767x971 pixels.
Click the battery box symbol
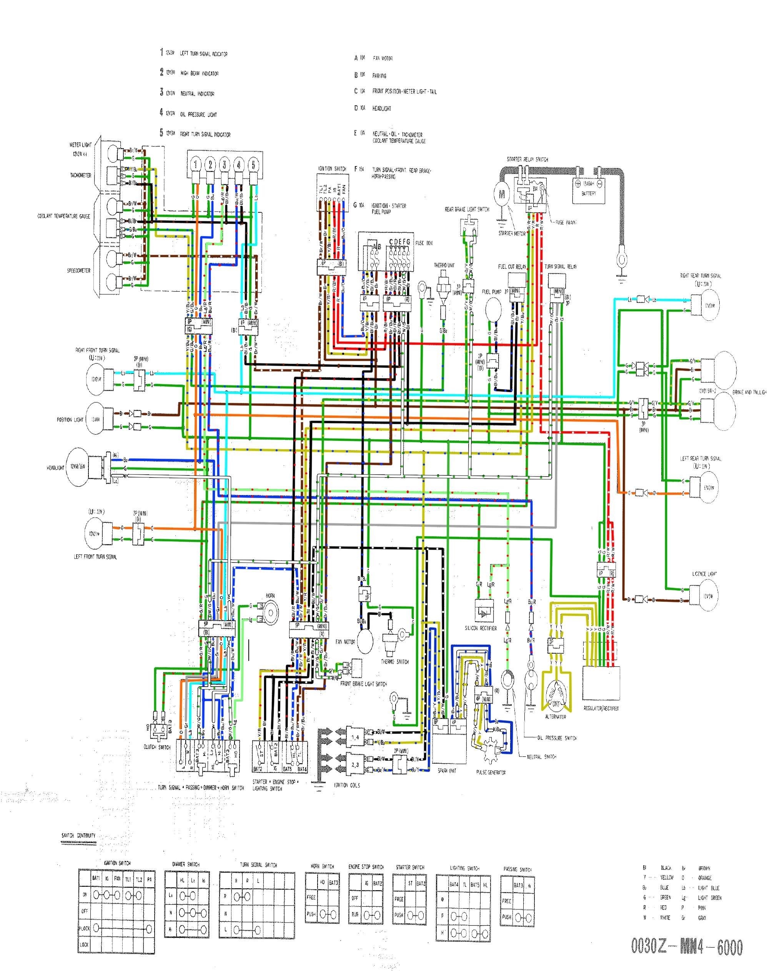pyautogui.click(x=588, y=190)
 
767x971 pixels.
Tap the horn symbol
pyautogui.click(x=270, y=612)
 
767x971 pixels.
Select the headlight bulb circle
pyautogui.click(x=77, y=467)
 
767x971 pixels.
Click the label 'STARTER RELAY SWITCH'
pyautogui.click(x=527, y=160)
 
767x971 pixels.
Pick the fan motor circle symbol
pyautogui.click(x=364, y=641)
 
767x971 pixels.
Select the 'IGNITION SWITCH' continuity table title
pyautogui.click(x=117, y=863)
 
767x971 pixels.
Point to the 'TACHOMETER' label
pyautogui.click(x=80, y=176)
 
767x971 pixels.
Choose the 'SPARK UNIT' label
pyautogui.click(x=446, y=771)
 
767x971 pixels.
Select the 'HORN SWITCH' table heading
pyautogui.click(x=322, y=866)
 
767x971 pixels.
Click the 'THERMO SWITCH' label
pyautogui.click(x=395, y=662)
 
